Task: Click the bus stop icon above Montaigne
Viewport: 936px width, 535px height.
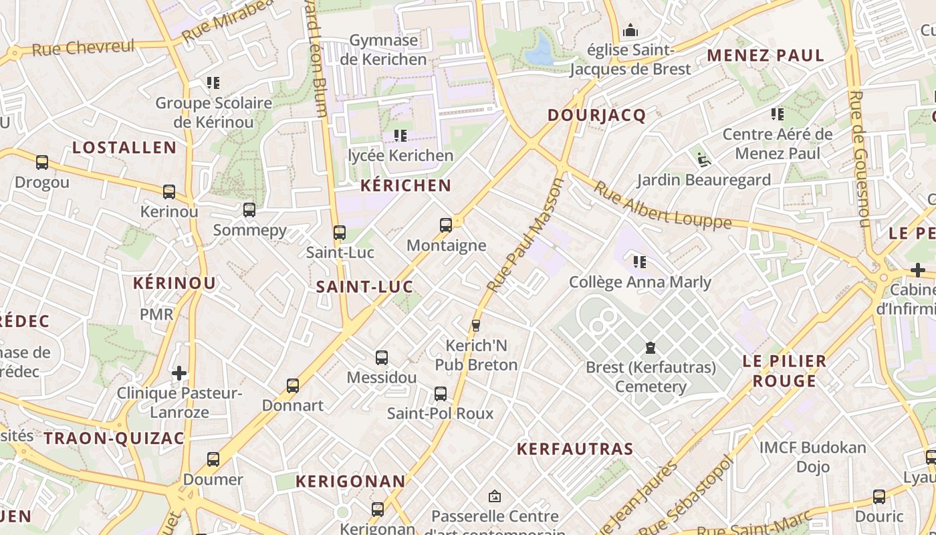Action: pos(446,225)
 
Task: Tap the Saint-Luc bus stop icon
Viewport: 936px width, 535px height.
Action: pos(340,233)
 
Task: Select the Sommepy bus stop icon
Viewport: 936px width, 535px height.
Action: pos(249,210)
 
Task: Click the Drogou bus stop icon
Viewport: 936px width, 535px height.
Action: pos(42,163)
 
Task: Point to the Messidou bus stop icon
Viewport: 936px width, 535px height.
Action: pos(382,358)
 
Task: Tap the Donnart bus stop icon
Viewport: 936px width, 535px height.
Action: pos(293,386)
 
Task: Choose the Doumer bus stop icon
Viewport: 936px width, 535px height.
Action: pos(213,459)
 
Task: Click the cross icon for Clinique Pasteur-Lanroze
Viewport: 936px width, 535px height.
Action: pos(179,372)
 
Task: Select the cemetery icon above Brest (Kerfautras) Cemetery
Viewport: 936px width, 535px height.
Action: pos(650,348)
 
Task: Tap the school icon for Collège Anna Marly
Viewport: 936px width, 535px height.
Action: pos(640,261)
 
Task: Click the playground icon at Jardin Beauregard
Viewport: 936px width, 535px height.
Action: pos(703,159)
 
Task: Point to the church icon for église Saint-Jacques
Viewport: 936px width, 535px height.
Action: pos(630,31)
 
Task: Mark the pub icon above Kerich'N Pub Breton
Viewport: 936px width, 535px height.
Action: pos(476,326)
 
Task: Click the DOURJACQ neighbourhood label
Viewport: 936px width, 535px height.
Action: pos(596,116)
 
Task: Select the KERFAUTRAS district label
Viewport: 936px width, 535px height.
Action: pos(574,449)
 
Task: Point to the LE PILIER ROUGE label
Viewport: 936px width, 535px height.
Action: pos(784,371)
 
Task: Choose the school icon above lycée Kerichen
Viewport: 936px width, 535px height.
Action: pos(400,136)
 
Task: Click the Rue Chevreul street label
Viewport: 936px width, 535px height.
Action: pos(83,48)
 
